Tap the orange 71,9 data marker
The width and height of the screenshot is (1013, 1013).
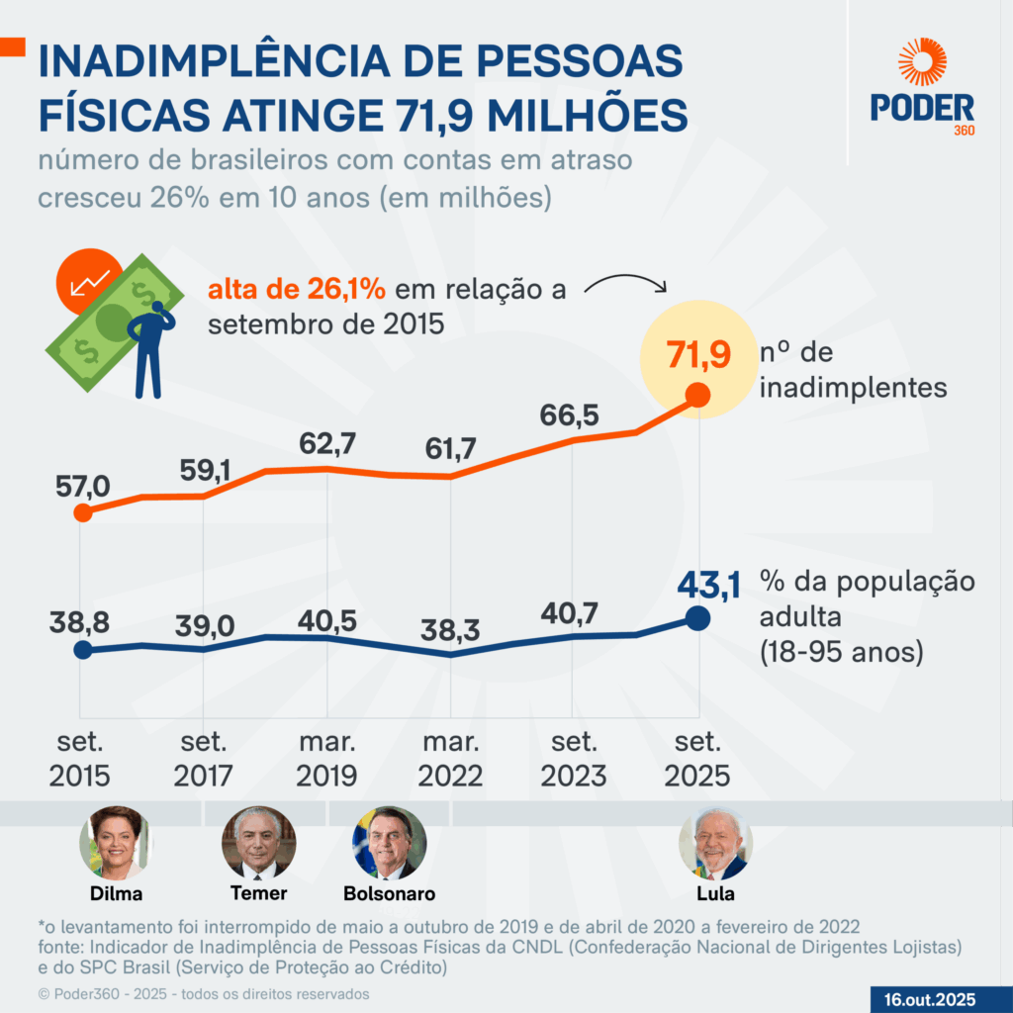click(697, 395)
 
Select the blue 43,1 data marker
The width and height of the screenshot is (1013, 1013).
click(697, 619)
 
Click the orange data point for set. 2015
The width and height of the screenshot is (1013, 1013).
click(83, 512)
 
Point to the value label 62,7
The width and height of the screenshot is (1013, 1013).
click(327, 444)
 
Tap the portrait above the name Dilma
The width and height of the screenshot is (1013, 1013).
click(116, 843)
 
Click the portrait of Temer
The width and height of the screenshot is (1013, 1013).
click(258, 843)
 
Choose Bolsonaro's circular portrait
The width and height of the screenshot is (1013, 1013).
click(389, 843)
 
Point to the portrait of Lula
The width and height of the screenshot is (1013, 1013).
click(715, 843)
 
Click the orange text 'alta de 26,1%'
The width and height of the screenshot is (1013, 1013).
click(295, 290)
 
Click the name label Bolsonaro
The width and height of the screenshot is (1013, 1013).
click(389, 893)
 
